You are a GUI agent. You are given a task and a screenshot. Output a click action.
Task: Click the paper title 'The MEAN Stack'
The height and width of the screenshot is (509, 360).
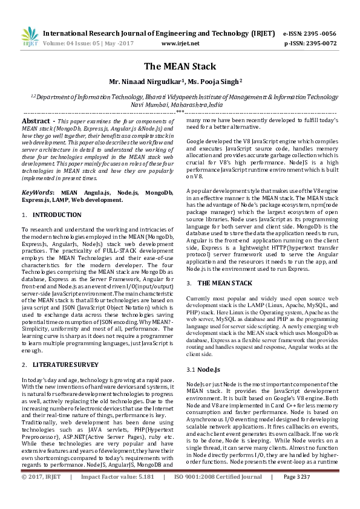(180, 66)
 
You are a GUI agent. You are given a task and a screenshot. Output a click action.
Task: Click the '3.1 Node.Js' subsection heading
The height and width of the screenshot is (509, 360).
(200, 369)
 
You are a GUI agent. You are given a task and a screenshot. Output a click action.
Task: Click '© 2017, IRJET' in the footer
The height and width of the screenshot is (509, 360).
(42, 494)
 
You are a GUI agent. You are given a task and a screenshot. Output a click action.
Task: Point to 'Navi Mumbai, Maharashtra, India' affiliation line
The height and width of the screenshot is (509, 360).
(180, 104)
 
